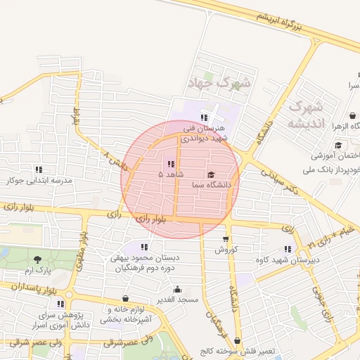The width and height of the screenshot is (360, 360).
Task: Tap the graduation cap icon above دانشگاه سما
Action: click(212, 174)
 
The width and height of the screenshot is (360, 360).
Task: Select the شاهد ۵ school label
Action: click(171, 174)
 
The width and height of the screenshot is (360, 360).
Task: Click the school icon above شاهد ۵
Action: click(171, 164)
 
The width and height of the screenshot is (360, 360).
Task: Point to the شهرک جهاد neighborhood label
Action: click(219, 83)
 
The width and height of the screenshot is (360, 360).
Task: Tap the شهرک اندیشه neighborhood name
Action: click(306, 115)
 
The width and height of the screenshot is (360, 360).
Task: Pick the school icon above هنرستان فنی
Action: click(204, 117)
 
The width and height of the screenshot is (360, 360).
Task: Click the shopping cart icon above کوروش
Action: click(225, 239)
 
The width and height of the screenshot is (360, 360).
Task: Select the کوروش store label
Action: click(227, 250)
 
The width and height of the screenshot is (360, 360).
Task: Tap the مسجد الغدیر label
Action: click(179, 300)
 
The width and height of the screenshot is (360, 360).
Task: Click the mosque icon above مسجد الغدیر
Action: click(176, 289)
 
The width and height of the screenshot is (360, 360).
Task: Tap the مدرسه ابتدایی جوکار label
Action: click(39, 180)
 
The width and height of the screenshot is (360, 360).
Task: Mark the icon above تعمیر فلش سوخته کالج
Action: click(236, 340)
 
